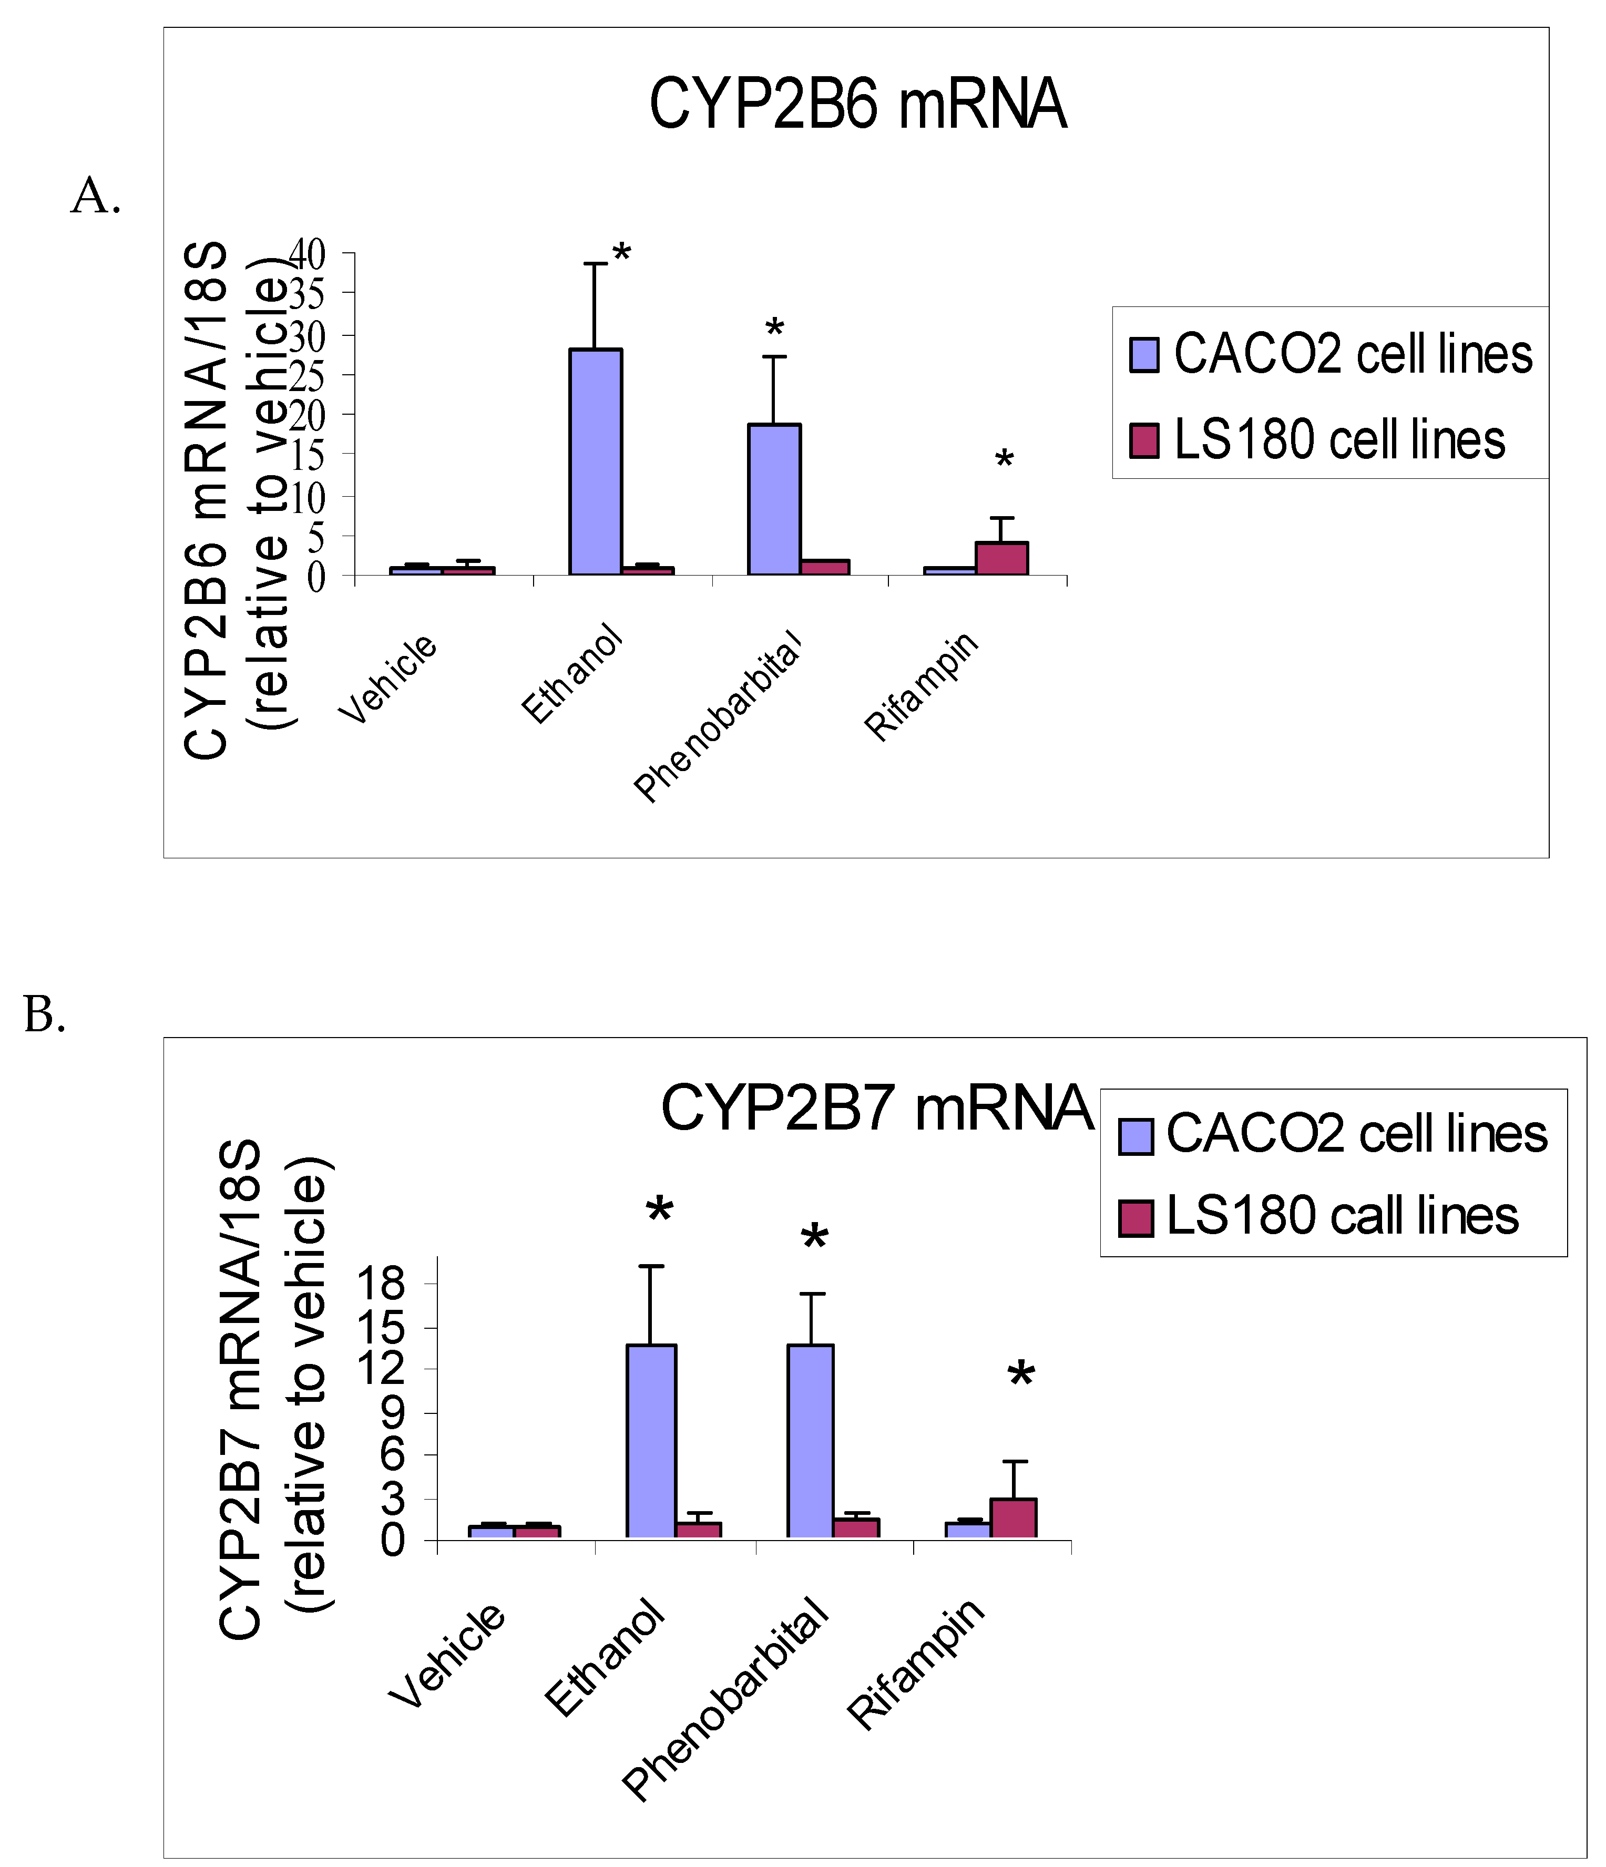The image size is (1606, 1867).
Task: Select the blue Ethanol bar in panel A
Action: coord(595,462)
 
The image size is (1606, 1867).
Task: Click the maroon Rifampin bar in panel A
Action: coord(1001,559)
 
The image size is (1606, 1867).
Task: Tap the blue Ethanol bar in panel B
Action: coord(651,1442)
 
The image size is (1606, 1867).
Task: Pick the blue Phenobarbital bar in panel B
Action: coord(810,1442)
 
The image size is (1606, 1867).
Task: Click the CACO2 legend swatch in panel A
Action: coord(1144,355)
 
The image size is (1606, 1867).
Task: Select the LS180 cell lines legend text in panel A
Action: coord(1339,440)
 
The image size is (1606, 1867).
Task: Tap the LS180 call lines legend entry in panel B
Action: coord(1342,1216)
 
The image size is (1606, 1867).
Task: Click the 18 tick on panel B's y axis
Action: coord(381,1283)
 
